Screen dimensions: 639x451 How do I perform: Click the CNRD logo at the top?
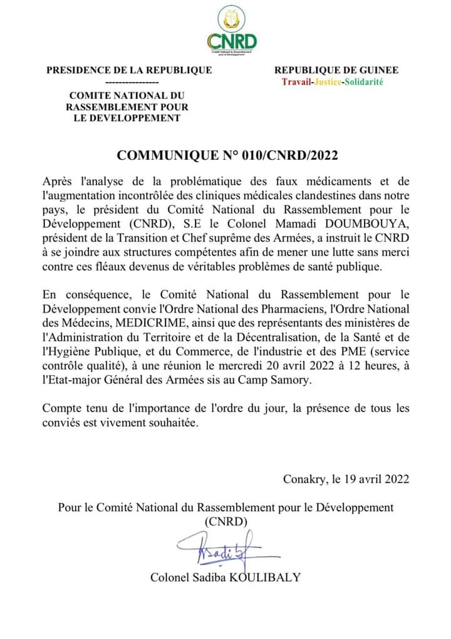(232, 31)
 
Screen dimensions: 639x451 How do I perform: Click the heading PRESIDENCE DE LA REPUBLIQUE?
(129, 70)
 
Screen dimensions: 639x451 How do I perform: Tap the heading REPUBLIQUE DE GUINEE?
(336, 70)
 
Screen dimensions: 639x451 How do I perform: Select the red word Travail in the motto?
(296, 82)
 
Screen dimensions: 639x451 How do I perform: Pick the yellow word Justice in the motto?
(326, 82)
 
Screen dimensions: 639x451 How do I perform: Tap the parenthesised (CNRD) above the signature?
(226, 521)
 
